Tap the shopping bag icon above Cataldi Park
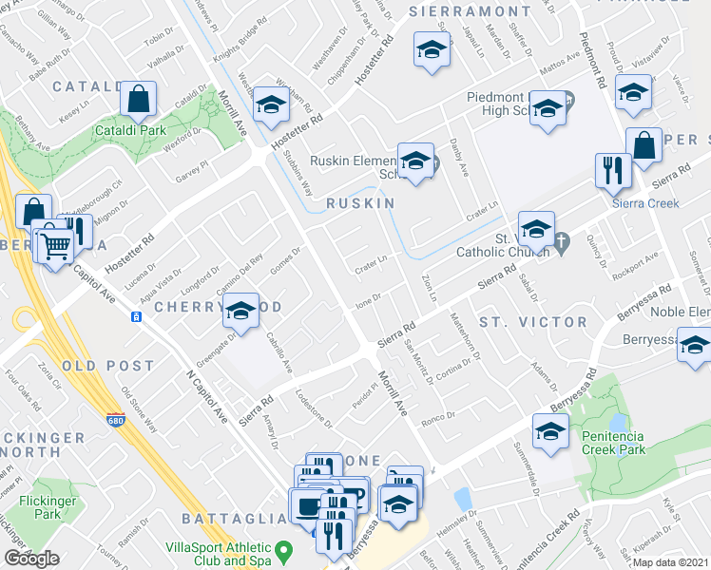click(x=139, y=97)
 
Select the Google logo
click(x=31, y=559)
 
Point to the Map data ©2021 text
click(x=668, y=562)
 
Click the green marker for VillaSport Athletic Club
click(x=282, y=550)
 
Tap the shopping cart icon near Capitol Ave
click(x=56, y=244)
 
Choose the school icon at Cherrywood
click(x=241, y=310)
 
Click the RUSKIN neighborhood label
click(x=360, y=204)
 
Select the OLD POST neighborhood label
click(x=107, y=366)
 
